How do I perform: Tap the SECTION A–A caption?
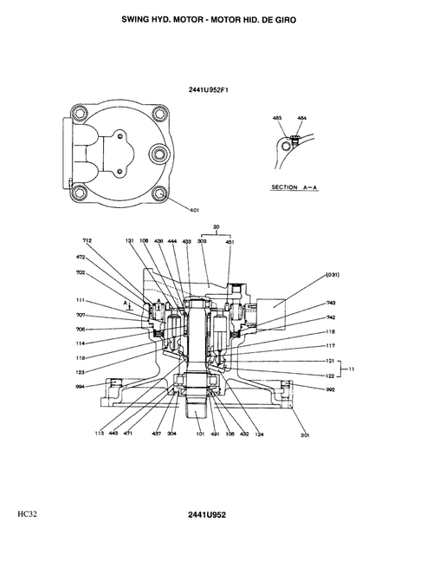[x=294, y=187]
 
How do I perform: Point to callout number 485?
[x=277, y=117]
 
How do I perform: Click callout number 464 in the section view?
[x=301, y=117]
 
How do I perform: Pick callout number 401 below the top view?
[x=194, y=209]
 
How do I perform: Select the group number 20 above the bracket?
[x=216, y=227]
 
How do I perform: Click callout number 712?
[x=87, y=240]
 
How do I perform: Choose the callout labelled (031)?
[x=332, y=275]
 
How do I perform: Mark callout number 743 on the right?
[x=331, y=304]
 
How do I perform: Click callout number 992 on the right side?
[x=330, y=390]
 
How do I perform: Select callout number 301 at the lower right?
[x=304, y=434]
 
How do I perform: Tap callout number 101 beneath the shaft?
[x=200, y=433]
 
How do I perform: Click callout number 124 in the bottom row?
[x=258, y=433]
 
